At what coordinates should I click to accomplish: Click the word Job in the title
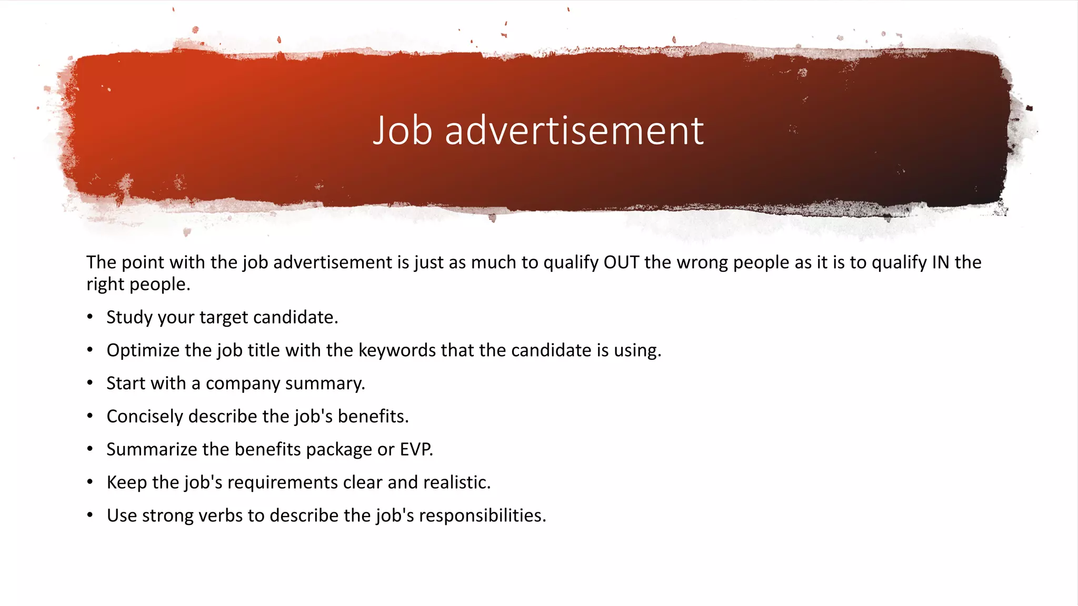[402, 130]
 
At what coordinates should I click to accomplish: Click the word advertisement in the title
[574, 130]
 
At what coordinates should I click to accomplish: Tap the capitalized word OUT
[621, 262]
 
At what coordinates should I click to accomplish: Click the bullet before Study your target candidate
[90, 317]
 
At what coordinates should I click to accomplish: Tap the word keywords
[397, 350]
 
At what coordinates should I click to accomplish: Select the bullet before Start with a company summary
[90, 383]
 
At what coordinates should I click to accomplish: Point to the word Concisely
[145, 416]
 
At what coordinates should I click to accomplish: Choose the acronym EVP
[416, 449]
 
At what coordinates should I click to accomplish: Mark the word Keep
[127, 482]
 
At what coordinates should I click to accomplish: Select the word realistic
[456, 482]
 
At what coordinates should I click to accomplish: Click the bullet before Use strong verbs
[90, 515]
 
